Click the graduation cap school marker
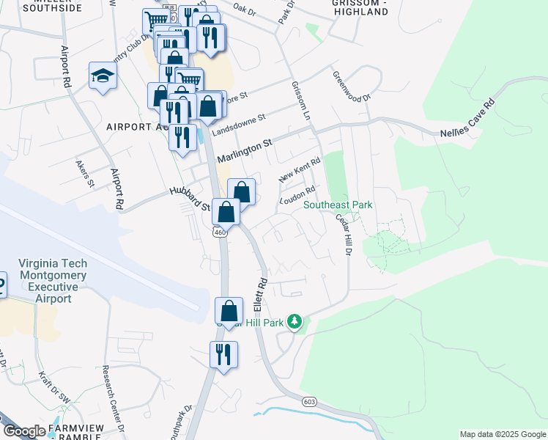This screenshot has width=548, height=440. click(103, 76)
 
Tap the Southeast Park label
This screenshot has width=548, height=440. click(338, 205)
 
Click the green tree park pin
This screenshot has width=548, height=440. click(295, 321)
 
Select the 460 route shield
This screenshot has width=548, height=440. click(219, 232)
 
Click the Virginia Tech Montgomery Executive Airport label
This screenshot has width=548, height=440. click(53, 281)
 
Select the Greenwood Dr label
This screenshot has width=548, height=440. click(352, 87)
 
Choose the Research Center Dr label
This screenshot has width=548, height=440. click(114, 399)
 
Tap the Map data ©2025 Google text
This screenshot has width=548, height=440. click(502, 434)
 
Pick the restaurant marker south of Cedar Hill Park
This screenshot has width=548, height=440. click(223, 355)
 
